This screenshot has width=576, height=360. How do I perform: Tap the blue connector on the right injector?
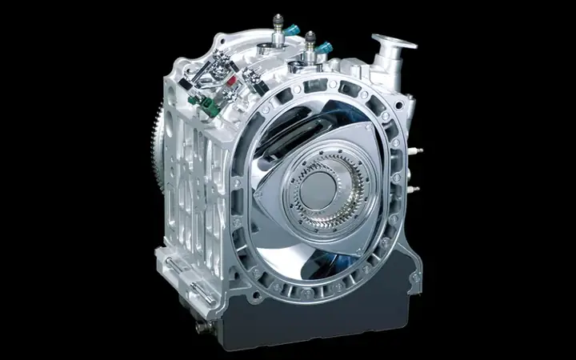click(x=325, y=49)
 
